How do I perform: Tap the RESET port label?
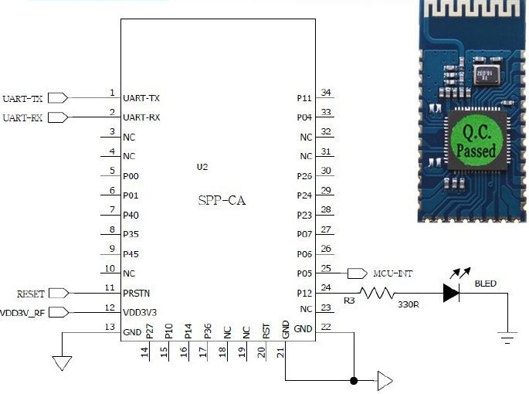31,294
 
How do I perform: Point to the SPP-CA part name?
222,201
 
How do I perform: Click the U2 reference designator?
202,167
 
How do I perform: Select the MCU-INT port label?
393,273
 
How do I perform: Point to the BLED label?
486,284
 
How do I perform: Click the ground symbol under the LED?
507,337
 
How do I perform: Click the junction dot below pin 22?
354,380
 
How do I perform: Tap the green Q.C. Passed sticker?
476,140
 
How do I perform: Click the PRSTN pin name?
137,294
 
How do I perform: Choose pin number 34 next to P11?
327,93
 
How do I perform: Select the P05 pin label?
304,273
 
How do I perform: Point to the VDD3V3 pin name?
141,312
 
